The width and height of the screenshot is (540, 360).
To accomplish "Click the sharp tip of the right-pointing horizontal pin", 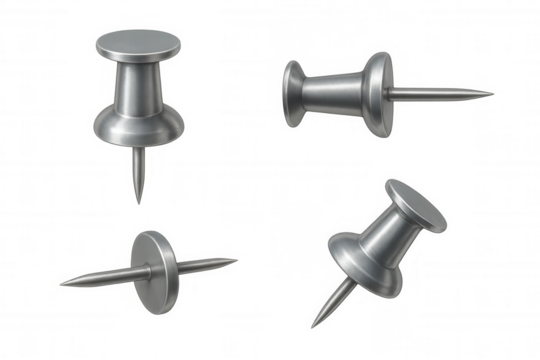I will click(x=499, y=92).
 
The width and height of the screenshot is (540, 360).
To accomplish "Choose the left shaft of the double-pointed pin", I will click(x=100, y=276).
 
